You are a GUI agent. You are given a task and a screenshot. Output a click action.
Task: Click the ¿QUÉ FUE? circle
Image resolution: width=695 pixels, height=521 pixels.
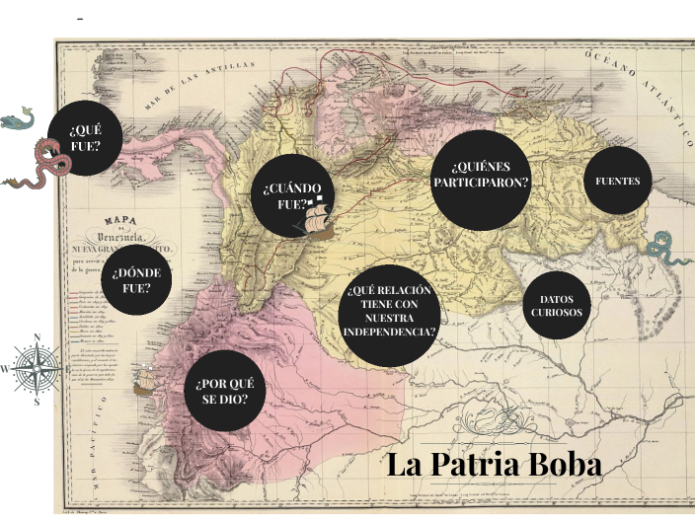85,138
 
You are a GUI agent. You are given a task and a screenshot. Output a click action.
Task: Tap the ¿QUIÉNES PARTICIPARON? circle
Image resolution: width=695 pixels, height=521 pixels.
479,176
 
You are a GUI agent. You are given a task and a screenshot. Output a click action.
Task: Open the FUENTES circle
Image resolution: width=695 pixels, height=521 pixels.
618,181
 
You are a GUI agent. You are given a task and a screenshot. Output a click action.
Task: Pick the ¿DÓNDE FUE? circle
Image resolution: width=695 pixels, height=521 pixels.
130,280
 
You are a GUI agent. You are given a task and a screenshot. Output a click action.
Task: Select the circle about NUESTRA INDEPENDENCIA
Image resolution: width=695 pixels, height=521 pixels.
390,311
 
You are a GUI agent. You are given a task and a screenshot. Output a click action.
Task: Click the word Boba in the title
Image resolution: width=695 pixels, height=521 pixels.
557,464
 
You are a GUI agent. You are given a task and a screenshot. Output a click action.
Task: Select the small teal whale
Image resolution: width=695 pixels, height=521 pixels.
17,120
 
